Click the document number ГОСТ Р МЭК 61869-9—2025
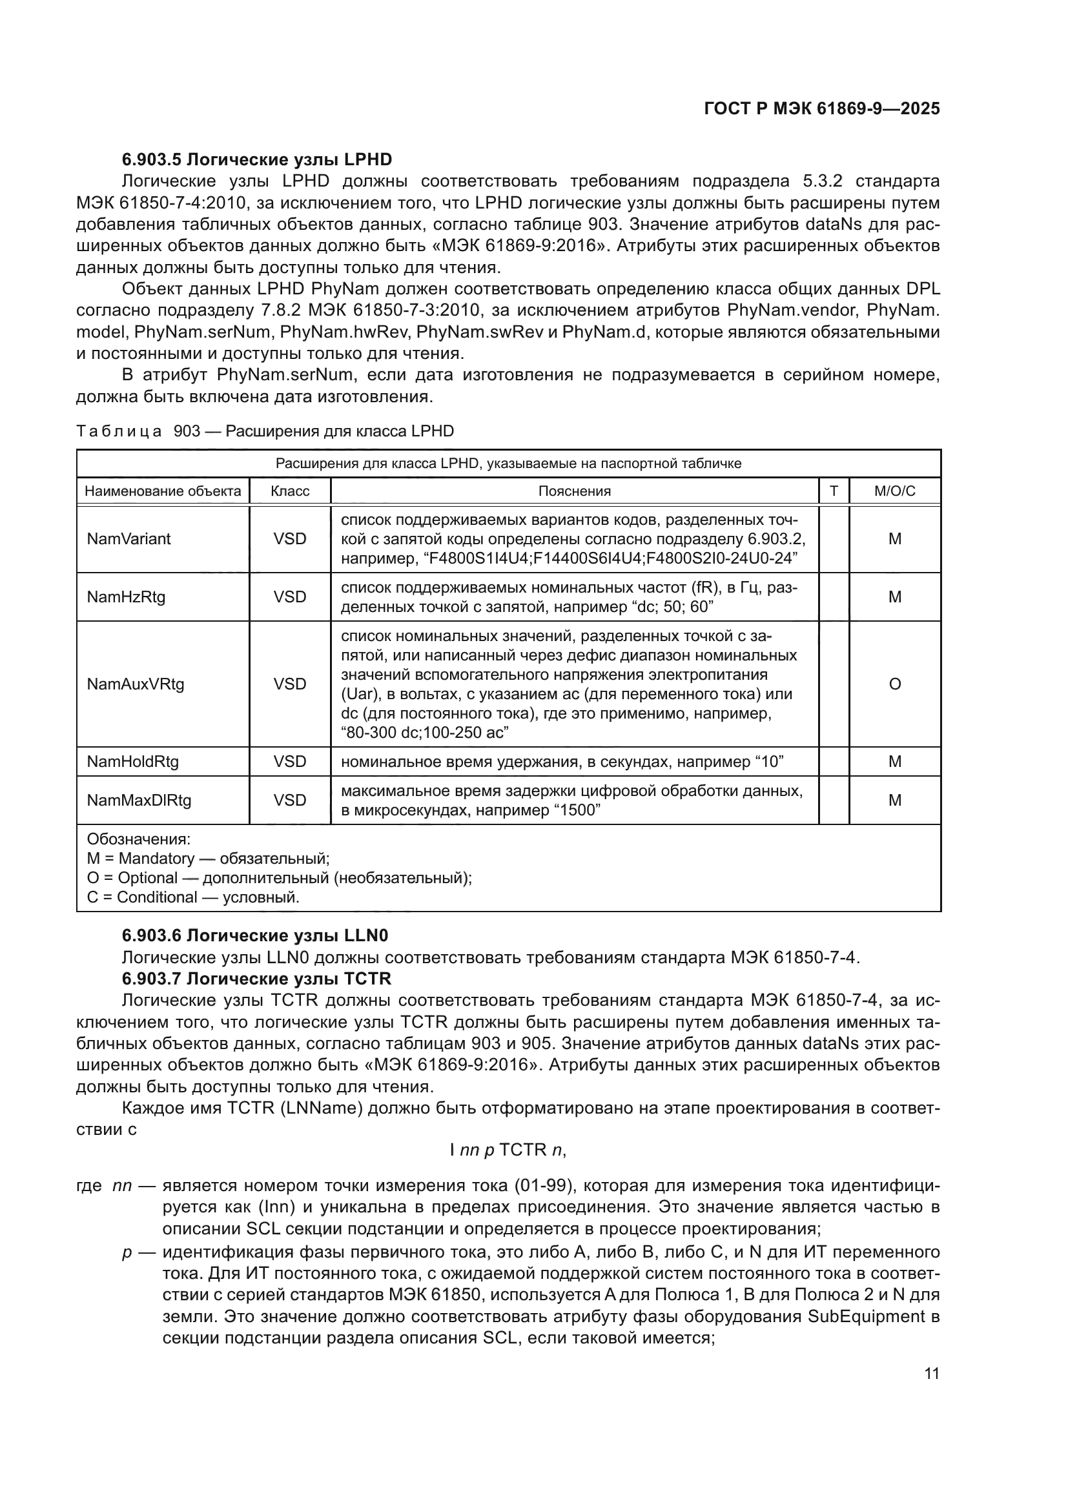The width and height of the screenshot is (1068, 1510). [821, 108]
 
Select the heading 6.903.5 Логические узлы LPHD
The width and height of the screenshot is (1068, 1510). [257, 159]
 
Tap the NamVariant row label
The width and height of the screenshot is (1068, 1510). [129, 538]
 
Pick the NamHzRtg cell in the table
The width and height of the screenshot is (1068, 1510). [127, 597]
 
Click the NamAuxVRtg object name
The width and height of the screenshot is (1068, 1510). [136, 684]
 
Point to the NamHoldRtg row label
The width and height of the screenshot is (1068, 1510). [133, 761]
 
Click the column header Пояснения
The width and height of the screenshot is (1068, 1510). [574, 491]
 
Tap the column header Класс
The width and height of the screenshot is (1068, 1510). [290, 491]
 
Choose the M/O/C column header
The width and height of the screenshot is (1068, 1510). [894, 491]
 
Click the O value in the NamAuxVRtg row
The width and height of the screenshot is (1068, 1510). [894, 684]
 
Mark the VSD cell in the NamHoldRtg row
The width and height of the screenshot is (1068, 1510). [290, 761]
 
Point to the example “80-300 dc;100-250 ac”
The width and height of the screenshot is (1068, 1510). [425, 733]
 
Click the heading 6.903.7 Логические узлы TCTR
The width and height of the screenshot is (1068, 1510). [256, 979]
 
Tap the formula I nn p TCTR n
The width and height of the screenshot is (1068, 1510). [508, 1149]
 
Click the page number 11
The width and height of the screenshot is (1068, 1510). [931, 1373]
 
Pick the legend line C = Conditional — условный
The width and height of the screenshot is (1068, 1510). [193, 897]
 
